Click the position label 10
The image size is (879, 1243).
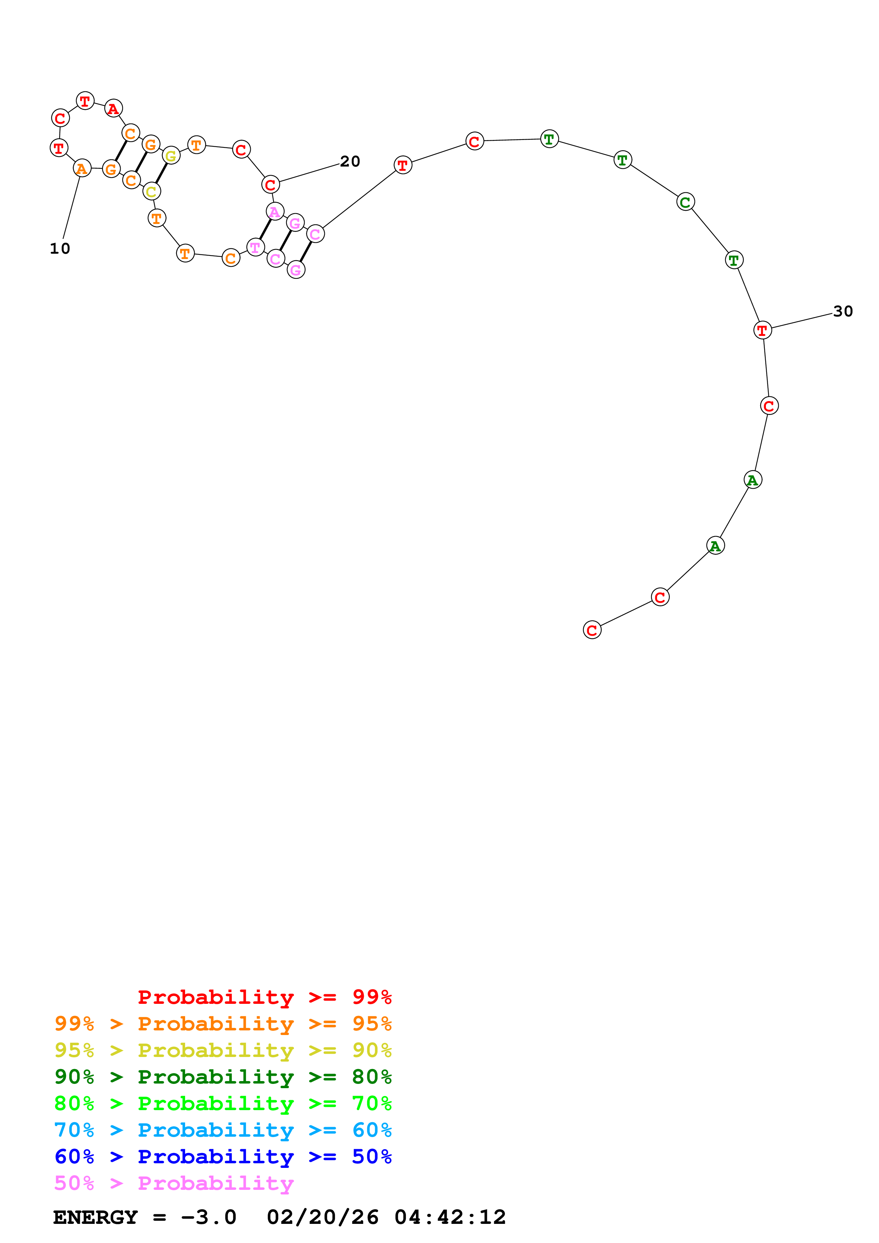coord(60,248)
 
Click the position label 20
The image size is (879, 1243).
coord(350,161)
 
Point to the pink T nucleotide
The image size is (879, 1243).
coord(255,247)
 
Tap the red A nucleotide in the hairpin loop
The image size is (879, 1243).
coord(113,109)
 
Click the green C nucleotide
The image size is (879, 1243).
coord(685,202)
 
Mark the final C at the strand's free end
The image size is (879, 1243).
coord(592,630)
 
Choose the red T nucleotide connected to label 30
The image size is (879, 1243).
coord(762,330)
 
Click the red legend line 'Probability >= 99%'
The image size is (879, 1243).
coord(264,997)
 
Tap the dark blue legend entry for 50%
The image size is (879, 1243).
coord(223,1157)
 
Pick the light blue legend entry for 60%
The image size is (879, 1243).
coord(223,1130)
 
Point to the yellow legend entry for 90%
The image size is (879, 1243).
coord(223,1050)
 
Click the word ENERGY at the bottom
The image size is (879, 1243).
coord(95,1217)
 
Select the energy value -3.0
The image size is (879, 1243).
coord(208,1217)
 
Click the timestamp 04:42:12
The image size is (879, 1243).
coord(450,1217)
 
